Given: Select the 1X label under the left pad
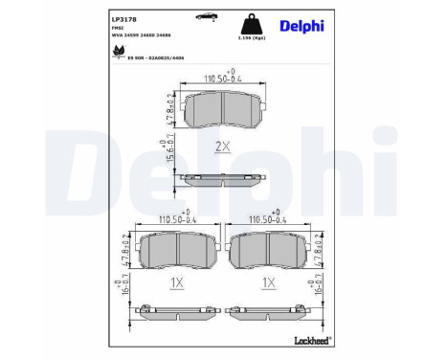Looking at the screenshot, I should coord(175,284).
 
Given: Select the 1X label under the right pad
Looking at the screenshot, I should coord(269,284).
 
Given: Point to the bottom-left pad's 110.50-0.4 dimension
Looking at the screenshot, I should coord(175,219).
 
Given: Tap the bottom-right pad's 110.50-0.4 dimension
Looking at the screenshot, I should coord(269,219).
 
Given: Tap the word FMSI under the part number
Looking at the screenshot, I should coord(118,30).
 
